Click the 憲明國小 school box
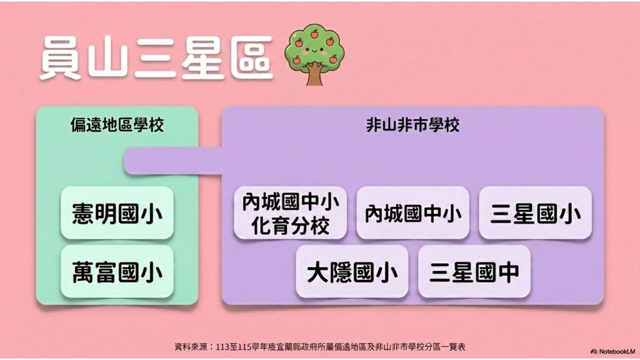click(117, 212)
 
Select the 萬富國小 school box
click(117, 271)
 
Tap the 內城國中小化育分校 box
click(290, 212)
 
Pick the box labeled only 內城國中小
click(412, 212)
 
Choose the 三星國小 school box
click(535, 212)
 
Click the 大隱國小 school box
click(352, 271)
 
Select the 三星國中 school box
click(474, 271)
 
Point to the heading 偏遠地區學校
click(117, 125)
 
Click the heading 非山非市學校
click(412, 125)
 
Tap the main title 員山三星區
click(156, 58)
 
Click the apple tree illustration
click(315, 54)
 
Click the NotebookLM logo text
click(613, 351)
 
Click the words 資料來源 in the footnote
click(192, 347)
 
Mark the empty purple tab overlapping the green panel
click(174, 161)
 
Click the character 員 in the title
click(61, 58)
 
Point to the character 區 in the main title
click(252, 58)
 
